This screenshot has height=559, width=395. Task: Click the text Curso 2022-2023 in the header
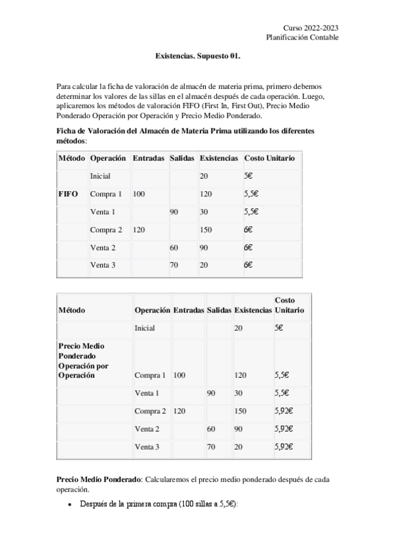click(x=311, y=28)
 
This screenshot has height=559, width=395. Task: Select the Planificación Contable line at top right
click(x=303, y=38)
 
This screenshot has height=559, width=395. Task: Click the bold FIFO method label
click(x=68, y=194)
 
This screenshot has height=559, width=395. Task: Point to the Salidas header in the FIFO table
click(x=181, y=159)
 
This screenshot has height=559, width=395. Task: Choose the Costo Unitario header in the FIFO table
click(x=269, y=159)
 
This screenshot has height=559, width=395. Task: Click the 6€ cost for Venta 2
click(x=249, y=248)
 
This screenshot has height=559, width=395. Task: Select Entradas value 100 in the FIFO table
click(x=138, y=194)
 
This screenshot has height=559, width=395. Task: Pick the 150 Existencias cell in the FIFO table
click(x=206, y=230)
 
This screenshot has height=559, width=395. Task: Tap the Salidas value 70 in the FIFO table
click(x=175, y=266)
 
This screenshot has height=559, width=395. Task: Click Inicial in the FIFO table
click(x=100, y=177)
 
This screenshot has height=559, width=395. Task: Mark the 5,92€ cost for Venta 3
click(x=284, y=447)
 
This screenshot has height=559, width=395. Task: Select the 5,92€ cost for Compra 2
click(x=284, y=411)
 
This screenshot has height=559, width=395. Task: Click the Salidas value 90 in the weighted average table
click(x=211, y=394)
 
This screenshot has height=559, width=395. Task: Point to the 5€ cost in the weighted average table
click(x=280, y=328)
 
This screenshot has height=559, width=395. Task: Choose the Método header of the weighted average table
click(x=72, y=310)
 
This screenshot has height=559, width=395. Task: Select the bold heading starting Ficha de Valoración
click(x=186, y=131)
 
